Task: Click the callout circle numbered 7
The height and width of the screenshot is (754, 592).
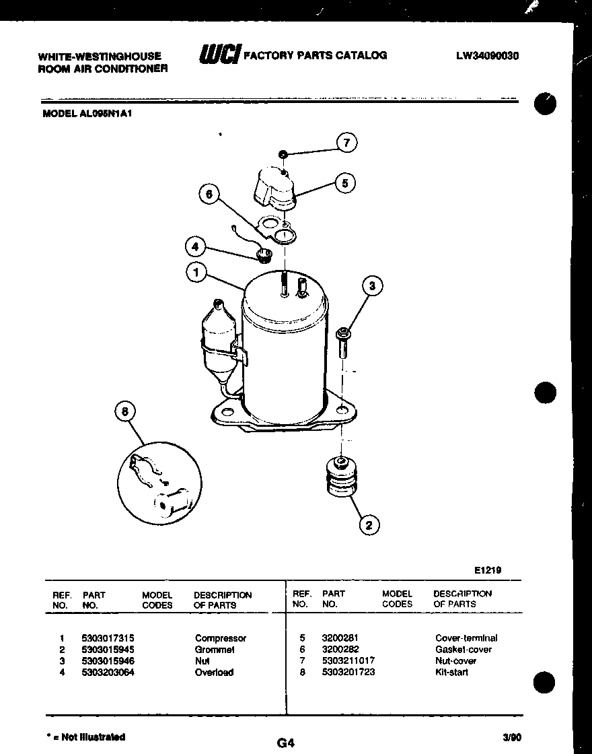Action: (x=346, y=143)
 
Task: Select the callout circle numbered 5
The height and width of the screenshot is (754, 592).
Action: (x=345, y=183)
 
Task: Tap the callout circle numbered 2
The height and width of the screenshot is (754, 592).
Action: (x=369, y=524)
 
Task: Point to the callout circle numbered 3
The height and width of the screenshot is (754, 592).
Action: (x=372, y=286)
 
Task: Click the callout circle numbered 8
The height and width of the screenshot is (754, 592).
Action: (x=124, y=411)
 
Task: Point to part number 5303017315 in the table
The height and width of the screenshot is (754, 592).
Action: (x=108, y=638)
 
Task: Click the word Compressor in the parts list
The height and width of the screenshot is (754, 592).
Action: (x=221, y=638)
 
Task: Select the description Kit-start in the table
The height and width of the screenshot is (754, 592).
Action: (x=451, y=672)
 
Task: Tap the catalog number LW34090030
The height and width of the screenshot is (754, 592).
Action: (x=487, y=57)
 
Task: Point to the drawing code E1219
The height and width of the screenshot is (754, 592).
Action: (x=488, y=570)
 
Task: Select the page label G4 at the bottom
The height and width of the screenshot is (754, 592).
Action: (x=286, y=743)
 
